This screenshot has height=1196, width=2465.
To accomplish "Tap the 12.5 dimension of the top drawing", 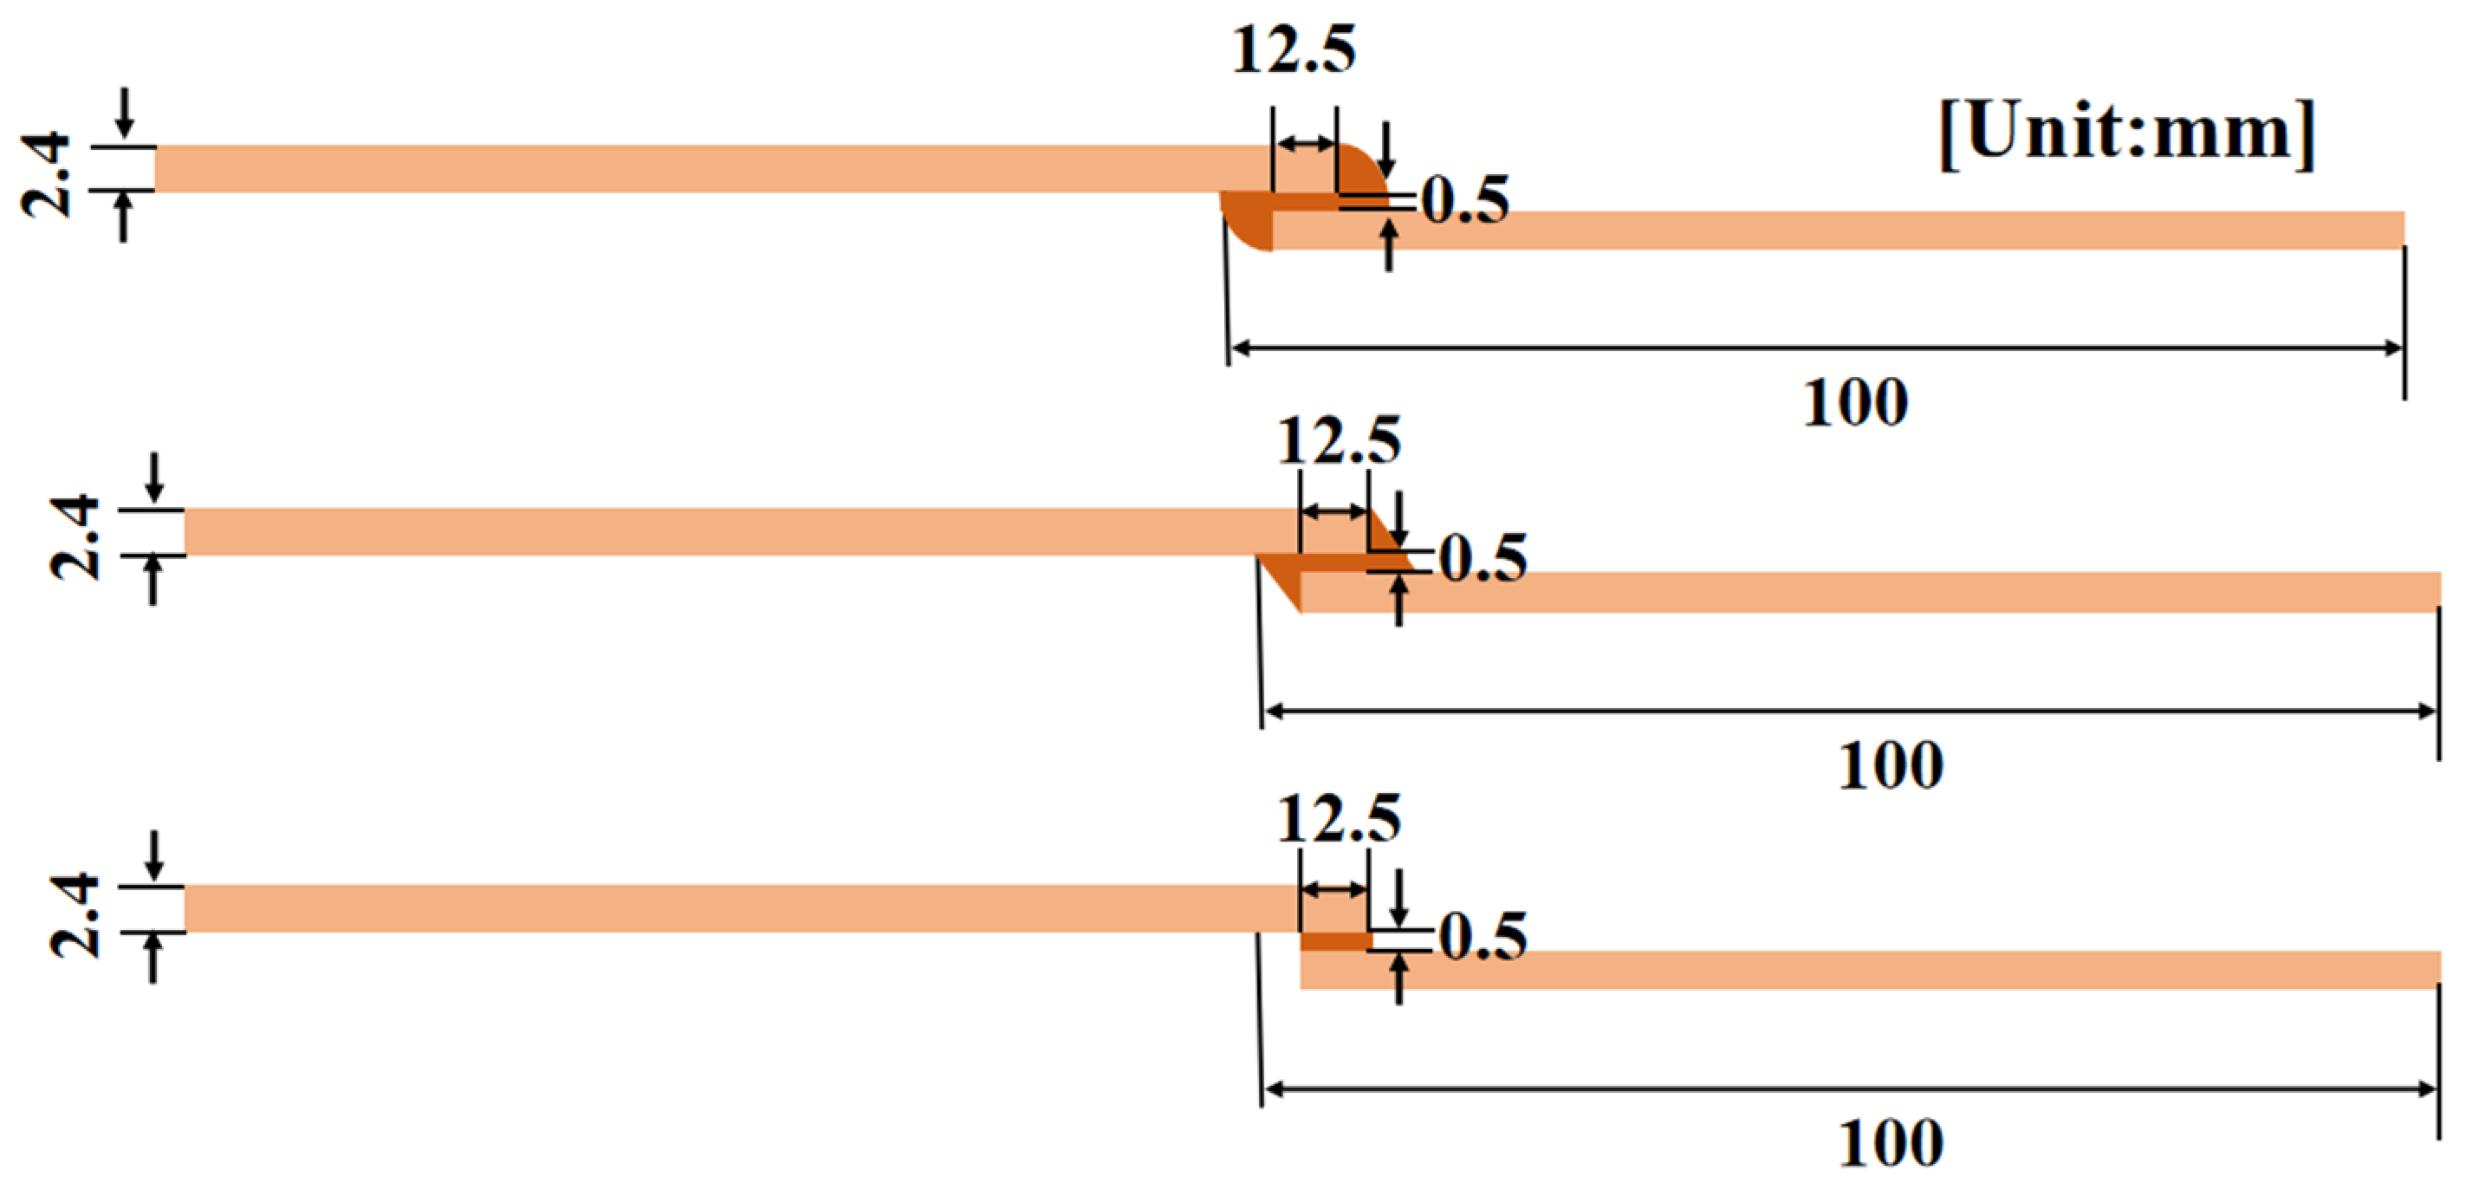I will point(1293,49).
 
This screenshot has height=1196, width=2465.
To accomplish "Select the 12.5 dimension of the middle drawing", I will point(1339,442).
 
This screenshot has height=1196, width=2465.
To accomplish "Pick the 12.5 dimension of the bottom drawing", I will point(1339,819).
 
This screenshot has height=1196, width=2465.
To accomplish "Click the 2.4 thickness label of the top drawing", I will point(46,176).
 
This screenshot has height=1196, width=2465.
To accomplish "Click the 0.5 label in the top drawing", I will point(1465,201).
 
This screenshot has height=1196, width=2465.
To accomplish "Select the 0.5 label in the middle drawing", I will point(1482,559).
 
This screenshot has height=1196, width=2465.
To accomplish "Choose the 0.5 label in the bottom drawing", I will point(1482,937).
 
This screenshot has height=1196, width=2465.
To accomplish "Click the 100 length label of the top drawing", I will point(1854,403).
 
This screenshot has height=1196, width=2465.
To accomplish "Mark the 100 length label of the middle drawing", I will point(1890,765).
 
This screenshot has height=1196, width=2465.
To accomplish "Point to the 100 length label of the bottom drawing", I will point(1890,1143).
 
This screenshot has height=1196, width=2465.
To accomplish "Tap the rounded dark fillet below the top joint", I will point(1248,226).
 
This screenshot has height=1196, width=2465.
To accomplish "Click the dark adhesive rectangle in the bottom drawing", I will point(1335,941).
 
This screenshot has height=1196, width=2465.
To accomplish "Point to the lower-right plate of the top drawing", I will point(1837,231).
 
